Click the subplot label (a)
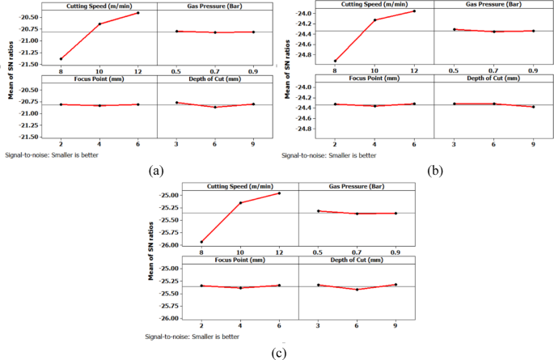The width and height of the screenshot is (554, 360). click(156, 170)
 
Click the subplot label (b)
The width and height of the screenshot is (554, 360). click(434, 172)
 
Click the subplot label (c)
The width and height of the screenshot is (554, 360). click(278, 352)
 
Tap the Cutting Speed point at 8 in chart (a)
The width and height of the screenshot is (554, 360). click(61, 59)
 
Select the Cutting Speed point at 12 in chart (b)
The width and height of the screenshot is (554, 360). click(414, 11)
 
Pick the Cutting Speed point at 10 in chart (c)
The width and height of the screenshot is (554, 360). click(239, 202)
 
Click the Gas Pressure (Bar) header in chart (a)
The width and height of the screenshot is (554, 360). click(214, 6)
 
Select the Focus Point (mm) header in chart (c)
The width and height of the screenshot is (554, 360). click(239, 260)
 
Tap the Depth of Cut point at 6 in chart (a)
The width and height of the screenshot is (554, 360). click(214, 108)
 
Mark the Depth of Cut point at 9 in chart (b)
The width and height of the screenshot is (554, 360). click(533, 107)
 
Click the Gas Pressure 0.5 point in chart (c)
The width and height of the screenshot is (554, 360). click(319, 211)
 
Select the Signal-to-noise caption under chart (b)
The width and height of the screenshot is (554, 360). click(329, 155)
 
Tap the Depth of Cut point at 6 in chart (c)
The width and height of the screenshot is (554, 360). click(357, 290)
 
